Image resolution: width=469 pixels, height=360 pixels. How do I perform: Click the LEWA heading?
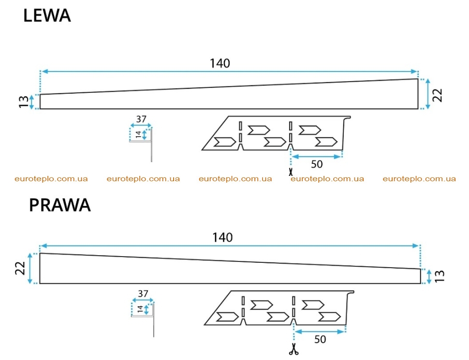point(47,15)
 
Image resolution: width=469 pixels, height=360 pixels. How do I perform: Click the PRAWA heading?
point(60,205)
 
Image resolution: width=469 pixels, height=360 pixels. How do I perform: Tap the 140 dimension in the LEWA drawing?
point(220,63)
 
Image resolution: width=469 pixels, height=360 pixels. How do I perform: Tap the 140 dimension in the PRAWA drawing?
point(222,238)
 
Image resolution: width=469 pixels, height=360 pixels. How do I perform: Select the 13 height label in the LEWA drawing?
point(24,102)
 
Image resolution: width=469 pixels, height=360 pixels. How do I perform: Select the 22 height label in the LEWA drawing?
point(437,95)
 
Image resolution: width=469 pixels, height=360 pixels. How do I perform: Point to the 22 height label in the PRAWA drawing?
point(20,268)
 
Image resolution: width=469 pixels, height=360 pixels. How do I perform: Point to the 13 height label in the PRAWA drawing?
point(440,276)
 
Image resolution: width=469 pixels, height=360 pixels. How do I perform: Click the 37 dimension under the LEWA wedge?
point(141,119)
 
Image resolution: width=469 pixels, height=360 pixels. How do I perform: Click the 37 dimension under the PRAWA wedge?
point(143,294)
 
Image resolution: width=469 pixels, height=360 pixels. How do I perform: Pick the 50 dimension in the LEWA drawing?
point(317,164)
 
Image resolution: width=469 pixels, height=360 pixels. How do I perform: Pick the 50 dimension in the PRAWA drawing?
point(320,339)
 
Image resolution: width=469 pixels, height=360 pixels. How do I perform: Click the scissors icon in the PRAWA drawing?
point(293,349)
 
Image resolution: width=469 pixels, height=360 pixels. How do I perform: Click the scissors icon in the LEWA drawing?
point(291,172)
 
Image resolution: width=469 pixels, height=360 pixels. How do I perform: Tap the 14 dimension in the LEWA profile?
point(138,134)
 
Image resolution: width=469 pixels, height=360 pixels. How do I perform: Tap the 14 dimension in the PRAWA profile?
point(140,309)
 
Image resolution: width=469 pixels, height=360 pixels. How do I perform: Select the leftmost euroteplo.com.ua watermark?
point(51,179)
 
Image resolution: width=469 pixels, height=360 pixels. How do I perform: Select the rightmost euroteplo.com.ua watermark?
point(419,179)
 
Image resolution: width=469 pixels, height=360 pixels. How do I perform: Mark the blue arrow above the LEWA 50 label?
point(317,157)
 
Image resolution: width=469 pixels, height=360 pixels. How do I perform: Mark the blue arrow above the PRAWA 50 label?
point(320,331)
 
